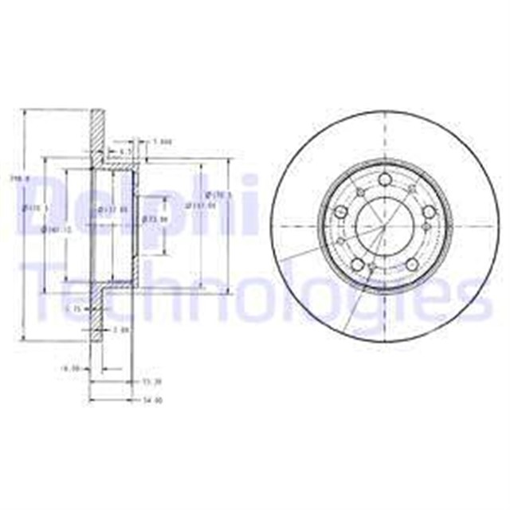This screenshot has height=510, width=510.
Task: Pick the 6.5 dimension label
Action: coord(125,151)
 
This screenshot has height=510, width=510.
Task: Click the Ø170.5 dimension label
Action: coord(218,194)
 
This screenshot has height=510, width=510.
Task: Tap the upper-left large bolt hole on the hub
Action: coord(340,212)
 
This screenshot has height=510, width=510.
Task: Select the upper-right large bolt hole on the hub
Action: coord(429,211)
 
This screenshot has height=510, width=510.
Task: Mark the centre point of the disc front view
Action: coord(383,226)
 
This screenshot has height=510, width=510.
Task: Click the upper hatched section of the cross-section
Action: coord(96,127)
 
